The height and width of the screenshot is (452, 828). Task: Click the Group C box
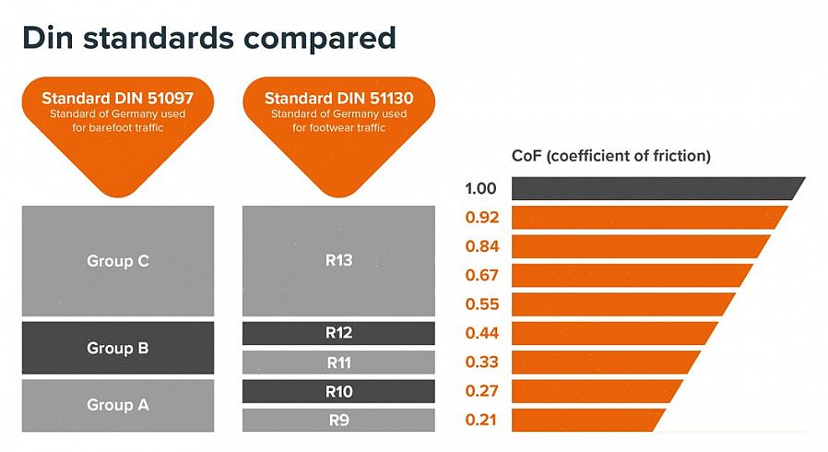pos(117,261)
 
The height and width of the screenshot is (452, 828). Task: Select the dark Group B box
pos(117,348)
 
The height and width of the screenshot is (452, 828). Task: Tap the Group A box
pos(117,404)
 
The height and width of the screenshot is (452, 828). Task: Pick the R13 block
pos(338,260)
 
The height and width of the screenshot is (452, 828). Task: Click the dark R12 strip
pos(338,333)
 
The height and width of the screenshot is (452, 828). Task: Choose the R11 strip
pos(338,363)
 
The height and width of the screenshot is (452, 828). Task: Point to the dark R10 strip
pos(338,391)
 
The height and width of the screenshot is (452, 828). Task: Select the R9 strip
pos(338,421)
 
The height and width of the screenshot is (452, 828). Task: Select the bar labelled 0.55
pos(622,303)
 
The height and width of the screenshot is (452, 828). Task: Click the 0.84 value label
pos(481,246)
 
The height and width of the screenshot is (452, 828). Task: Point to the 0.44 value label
pos(481,333)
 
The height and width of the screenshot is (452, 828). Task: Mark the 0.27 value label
pos(481,390)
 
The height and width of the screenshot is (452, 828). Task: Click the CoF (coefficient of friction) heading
pos(610,156)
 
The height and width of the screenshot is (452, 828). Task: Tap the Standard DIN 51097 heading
pos(117,98)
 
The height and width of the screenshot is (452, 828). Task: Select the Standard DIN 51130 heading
pos(338,98)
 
